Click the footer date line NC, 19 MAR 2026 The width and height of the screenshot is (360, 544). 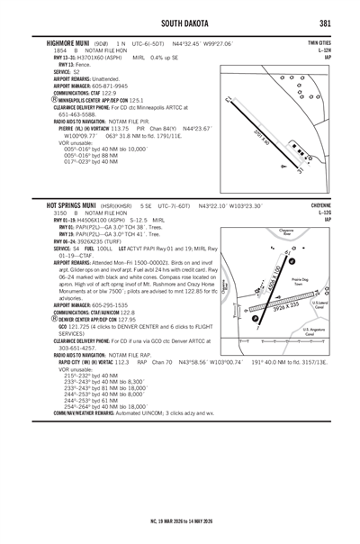click(x=180, y=521)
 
